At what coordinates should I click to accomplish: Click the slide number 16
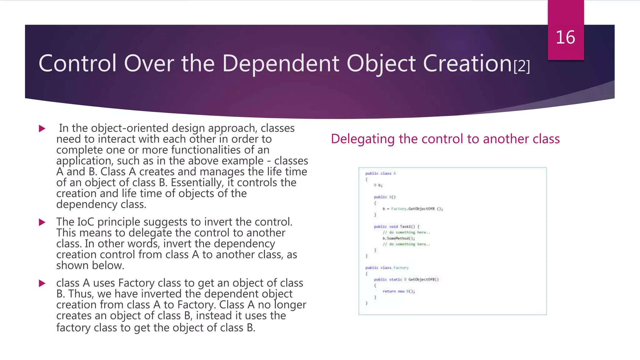[565, 37]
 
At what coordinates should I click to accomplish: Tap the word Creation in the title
[467, 63]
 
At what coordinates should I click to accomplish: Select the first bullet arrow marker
[42, 128]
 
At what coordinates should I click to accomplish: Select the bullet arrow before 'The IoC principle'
[42, 222]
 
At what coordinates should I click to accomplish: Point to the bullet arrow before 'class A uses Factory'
[42, 283]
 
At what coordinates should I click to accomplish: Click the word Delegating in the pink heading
[362, 139]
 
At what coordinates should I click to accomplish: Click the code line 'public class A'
[380, 173]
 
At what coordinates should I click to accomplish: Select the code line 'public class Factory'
[387, 268]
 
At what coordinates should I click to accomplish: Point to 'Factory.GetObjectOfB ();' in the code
[417, 209]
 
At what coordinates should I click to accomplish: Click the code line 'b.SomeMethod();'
[398, 238]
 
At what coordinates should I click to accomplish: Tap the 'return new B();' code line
[398, 291]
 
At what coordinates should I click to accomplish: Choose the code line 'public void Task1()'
[396, 227]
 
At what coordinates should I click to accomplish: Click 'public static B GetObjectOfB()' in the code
[406, 280]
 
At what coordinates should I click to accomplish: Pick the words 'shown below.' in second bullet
[90, 266]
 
